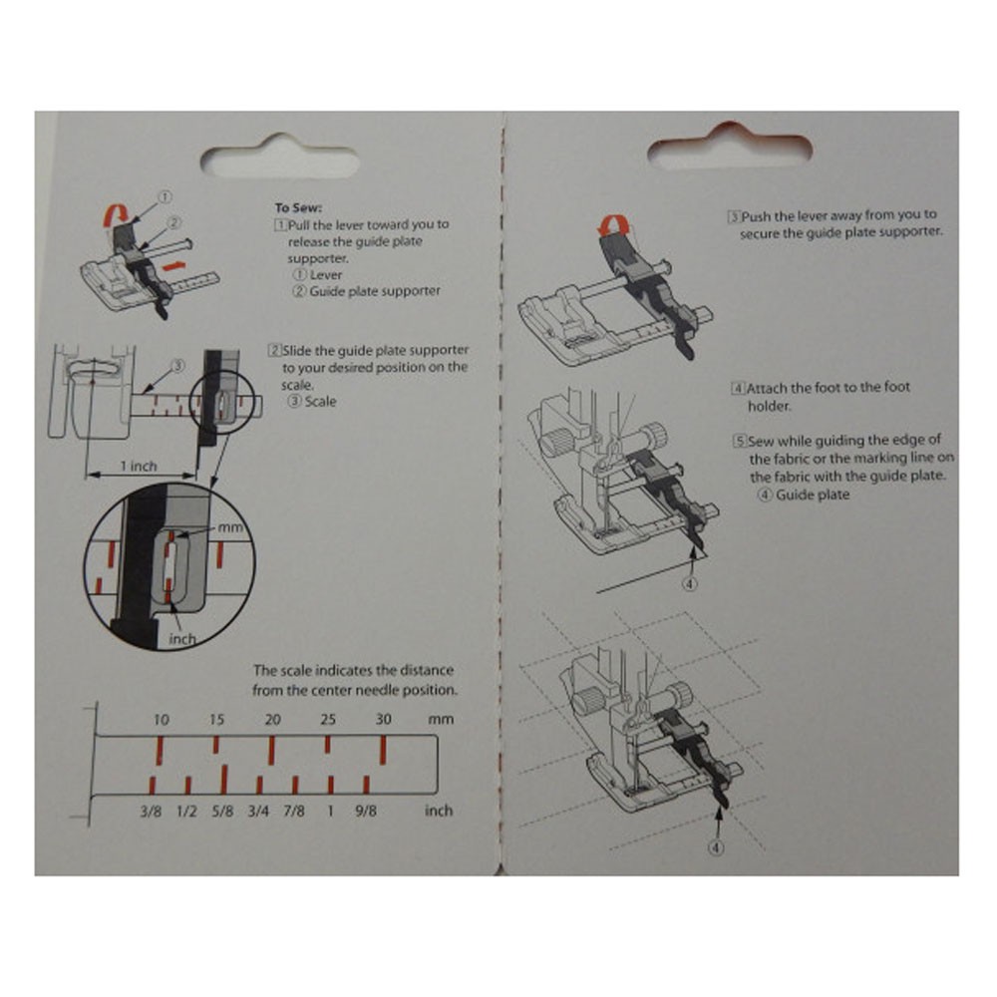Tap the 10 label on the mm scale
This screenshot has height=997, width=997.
pyautogui.click(x=162, y=720)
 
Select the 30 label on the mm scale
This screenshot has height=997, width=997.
pyautogui.click(x=384, y=720)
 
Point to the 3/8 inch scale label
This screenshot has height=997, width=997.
pyautogui.click(x=152, y=811)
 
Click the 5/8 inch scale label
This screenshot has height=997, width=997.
pyautogui.click(x=223, y=811)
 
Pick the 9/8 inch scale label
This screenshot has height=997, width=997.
pyautogui.click(x=367, y=811)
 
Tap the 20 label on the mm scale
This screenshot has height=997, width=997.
pyautogui.click(x=272, y=720)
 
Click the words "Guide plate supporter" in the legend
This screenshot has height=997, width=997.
pyautogui.click(x=374, y=291)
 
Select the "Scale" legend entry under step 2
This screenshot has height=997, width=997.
pyautogui.click(x=320, y=402)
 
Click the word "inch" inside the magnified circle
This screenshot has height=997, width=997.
pyautogui.click(x=182, y=639)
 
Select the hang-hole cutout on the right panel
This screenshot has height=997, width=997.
pyautogui.click(x=730, y=151)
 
